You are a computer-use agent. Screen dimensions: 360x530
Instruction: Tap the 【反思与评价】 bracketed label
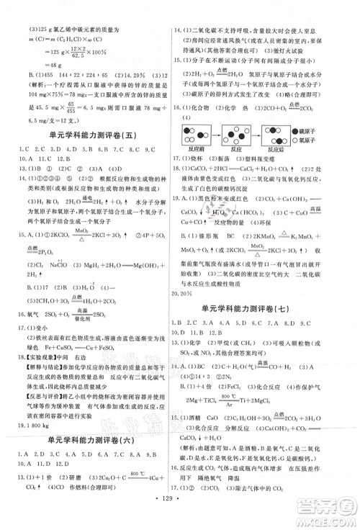click(30, 395)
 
